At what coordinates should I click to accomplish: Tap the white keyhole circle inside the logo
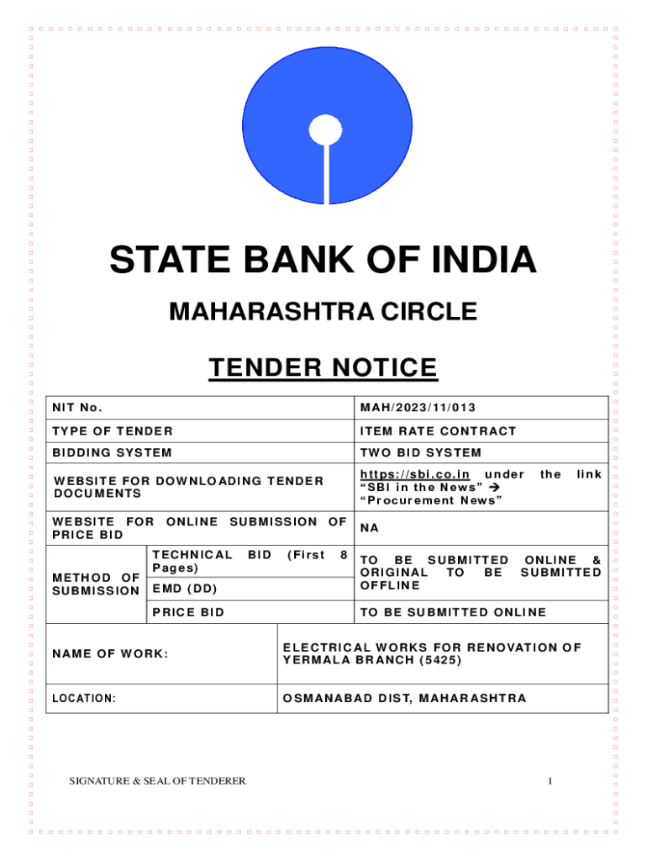pyautogui.click(x=323, y=129)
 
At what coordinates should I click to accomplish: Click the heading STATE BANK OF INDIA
pyautogui.click(x=323, y=260)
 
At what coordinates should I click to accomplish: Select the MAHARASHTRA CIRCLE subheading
pyautogui.click(x=323, y=313)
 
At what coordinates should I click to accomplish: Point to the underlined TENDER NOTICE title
pyautogui.click(x=323, y=368)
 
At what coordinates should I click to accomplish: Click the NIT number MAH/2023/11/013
pyautogui.click(x=418, y=409)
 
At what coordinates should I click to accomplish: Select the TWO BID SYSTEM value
pyautogui.click(x=421, y=453)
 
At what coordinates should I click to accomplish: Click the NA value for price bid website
pyautogui.click(x=369, y=529)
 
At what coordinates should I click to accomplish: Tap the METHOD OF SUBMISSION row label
pyautogui.click(x=96, y=584)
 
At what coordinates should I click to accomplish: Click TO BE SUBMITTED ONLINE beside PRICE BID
pyautogui.click(x=453, y=612)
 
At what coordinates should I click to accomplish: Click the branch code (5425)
pyautogui.click(x=439, y=660)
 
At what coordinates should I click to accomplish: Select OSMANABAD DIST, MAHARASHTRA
pyautogui.click(x=405, y=699)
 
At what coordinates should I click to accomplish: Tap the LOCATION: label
pyautogui.click(x=84, y=699)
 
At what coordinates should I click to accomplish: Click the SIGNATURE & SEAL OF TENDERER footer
pyautogui.click(x=157, y=781)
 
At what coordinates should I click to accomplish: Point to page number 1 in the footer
pyautogui.click(x=549, y=781)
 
